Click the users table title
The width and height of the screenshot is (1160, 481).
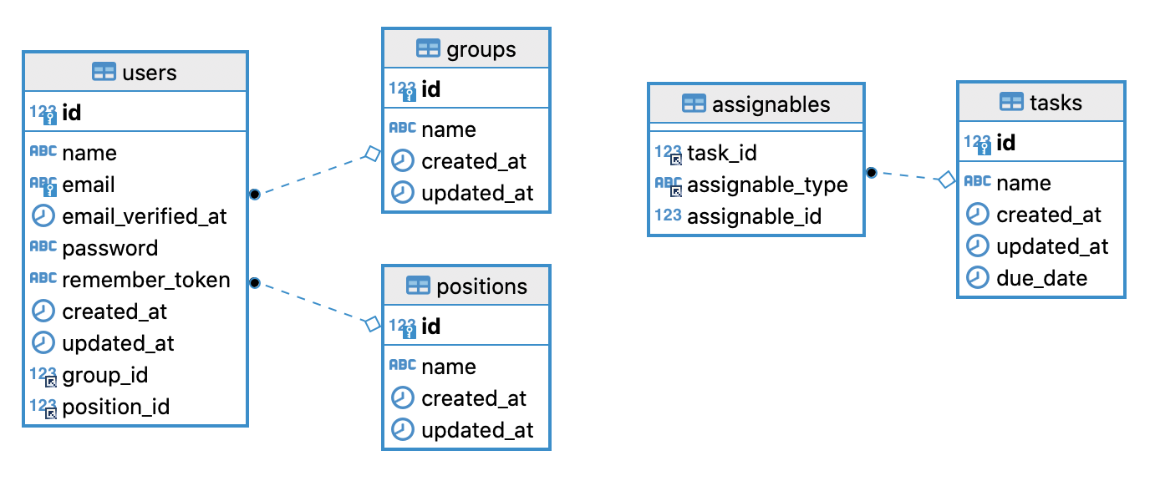149,73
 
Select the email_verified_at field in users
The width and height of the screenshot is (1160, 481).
144,216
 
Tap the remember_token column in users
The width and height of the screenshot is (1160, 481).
146,280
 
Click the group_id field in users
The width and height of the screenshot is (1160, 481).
105,376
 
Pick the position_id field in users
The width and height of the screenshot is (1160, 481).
116,408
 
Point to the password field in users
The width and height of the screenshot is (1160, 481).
109,248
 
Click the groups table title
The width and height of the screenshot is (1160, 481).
481,49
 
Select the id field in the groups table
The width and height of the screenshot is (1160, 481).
431,89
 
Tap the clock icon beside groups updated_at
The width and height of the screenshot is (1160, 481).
402,192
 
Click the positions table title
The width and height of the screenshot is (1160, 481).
481,286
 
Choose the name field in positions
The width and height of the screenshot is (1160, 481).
449,367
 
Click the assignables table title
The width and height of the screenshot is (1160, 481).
771,104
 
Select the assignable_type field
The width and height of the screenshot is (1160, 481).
767,185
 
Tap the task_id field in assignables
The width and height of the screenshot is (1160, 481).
722,153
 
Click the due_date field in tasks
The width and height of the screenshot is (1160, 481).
1042,278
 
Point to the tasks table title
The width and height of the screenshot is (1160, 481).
1056,103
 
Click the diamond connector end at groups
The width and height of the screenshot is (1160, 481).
373,154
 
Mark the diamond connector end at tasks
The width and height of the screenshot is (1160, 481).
947,180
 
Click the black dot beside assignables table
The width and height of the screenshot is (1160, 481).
872,172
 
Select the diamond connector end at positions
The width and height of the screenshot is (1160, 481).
373,324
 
